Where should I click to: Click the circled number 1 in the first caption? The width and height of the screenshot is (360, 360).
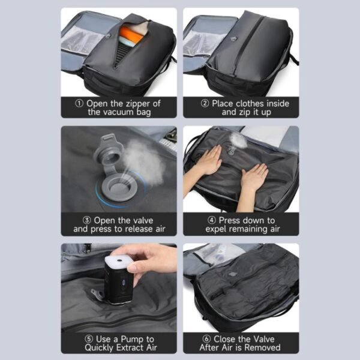pos(80,103)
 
